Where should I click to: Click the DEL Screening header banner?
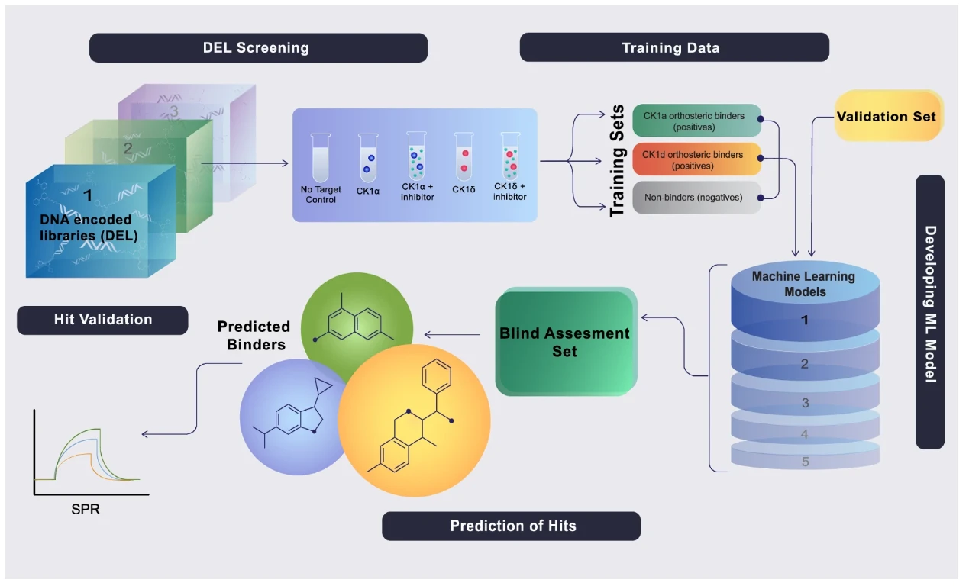point(258,47)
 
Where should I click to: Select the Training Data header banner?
point(674,47)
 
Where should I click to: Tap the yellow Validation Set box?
point(888,116)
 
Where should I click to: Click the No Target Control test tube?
point(321,158)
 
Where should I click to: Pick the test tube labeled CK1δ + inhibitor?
point(510,156)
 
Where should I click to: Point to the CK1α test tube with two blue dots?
point(368,158)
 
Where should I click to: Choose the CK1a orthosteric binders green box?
point(696,121)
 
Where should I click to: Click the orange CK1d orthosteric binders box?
point(696,159)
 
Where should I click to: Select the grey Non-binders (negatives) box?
point(696,198)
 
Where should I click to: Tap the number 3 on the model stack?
point(805,403)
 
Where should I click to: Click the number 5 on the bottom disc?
point(805,462)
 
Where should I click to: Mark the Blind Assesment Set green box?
point(566,341)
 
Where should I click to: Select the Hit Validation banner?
point(102,320)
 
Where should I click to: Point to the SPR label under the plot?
point(86,509)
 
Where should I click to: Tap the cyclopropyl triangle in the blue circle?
point(322,386)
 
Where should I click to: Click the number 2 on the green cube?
point(128,148)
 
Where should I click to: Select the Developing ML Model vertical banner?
point(930,311)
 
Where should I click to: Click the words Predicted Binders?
point(254,336)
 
